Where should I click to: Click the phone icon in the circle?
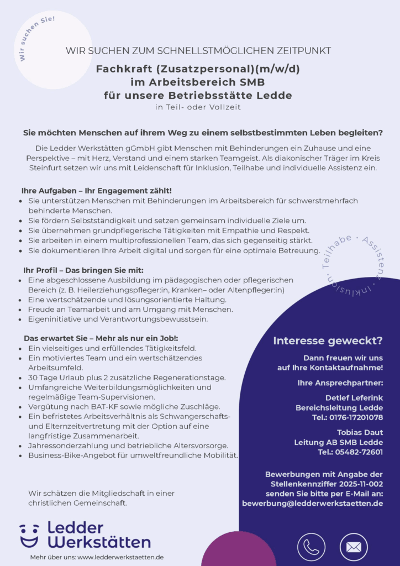311,547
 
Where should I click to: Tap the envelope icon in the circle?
354,547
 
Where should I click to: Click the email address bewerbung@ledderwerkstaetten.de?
312,504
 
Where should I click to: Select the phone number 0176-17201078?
355,417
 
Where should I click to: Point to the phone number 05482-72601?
358,452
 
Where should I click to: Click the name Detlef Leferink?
354,397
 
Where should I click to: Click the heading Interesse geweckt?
328,340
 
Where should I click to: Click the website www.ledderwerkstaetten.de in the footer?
120,557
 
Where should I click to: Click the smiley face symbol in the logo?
29,535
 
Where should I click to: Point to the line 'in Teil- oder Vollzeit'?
198,107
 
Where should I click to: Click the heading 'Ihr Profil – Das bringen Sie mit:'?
83,270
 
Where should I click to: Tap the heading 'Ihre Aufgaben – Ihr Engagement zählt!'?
97,191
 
